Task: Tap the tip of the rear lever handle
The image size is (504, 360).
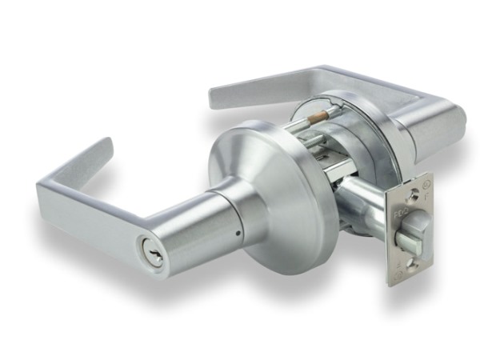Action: (x=216, y=97)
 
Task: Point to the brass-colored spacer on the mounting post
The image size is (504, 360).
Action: (x=318, y=117)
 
